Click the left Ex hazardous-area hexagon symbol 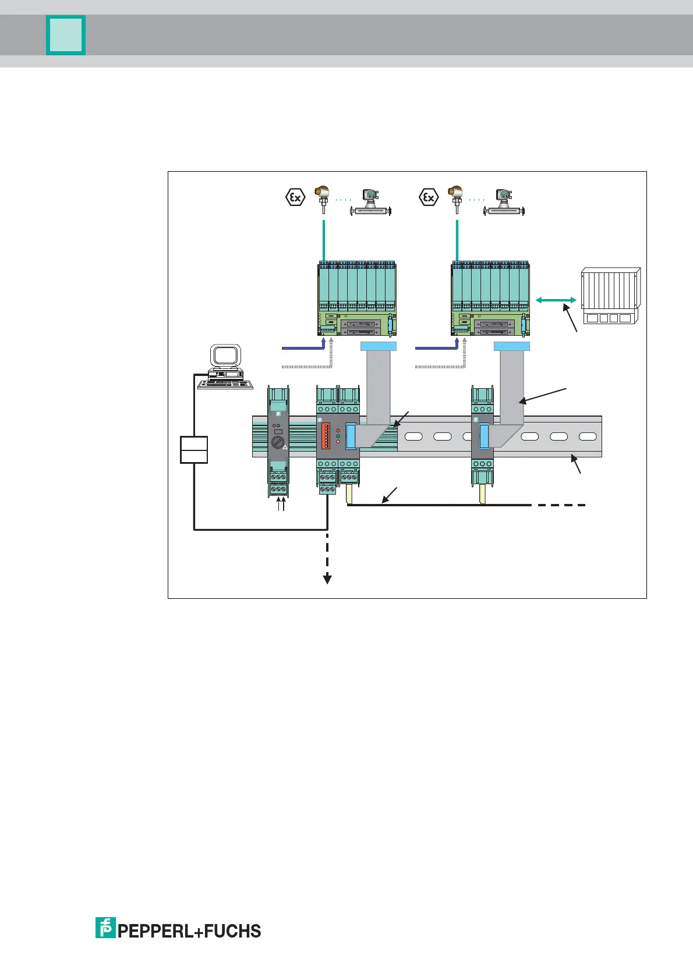[x=295, y=197]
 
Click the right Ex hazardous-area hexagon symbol [x=429, y=197]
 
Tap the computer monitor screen [x=225, y=356]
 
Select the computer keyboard [x=225, y=384]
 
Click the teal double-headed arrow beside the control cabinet [x=556, y=300]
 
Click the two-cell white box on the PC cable [x=194, y=449]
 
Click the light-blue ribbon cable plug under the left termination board [x=379, y=347]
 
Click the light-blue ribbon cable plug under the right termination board [x=512, y=347]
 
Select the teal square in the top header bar [x=66, y=35]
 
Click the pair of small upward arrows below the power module [x=281, y=504]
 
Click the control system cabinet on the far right [x=610, y=295]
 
